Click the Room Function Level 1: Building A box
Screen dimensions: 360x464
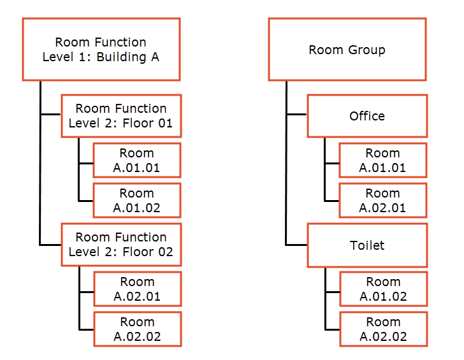click(101, 49)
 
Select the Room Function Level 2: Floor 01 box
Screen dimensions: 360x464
click(121, 115)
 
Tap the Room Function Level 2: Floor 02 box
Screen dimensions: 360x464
click(121, 244)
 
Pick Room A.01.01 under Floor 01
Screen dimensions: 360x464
click(136, 160)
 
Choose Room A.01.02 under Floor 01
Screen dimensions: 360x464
click(136, 200)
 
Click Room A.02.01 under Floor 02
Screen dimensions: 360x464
click(136, 289)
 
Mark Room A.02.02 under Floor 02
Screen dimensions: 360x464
click(136, 329)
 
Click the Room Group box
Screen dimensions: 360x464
click(347, 49)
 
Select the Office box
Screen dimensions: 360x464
click(367, 116)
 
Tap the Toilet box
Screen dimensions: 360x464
click(367, 245)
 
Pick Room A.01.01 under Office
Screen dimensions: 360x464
click(382, 160)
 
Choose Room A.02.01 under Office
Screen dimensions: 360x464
click(382, 200)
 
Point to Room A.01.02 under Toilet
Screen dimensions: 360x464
click(382, 289)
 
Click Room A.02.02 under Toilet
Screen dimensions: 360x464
click(382, 329)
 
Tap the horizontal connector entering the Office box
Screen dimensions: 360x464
click(297, 115)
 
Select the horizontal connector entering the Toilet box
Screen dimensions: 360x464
click(297, 245)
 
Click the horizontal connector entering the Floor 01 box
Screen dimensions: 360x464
click(51, 115)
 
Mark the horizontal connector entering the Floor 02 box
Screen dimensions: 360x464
click(51, 245)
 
